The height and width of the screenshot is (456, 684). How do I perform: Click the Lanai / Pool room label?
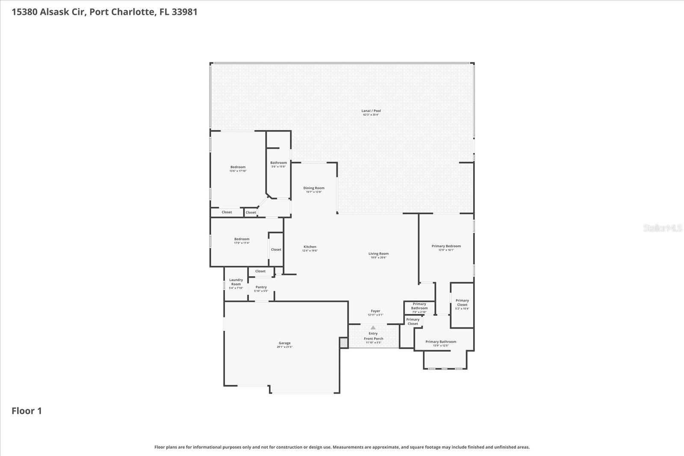pos(371,111)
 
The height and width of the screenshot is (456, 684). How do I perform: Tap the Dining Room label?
pos(314,188)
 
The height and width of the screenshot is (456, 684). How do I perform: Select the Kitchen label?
pos(310,247)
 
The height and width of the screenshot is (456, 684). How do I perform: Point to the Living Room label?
pos(378,253)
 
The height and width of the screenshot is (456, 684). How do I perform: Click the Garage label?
pos(284,343)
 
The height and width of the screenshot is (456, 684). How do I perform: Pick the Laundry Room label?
pos(236,282)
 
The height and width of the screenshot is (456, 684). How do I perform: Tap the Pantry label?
pos(261,287)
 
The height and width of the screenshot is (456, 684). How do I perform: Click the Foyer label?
pos(375,311)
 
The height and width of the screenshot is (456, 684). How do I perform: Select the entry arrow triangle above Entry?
pos(373,328)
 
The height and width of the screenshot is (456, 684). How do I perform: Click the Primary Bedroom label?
pos(446,246)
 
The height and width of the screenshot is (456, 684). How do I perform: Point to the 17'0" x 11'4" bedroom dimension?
pos(242,243)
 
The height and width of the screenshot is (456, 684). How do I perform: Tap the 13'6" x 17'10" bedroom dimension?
pos(238,171)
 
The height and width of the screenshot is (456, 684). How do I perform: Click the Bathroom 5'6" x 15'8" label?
pos(278,163)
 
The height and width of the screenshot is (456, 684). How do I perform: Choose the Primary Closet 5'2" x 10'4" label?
pos(462,303)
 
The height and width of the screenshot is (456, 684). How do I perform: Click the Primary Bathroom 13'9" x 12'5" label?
pos(441,342)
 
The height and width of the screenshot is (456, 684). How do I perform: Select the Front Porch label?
pos(373,338)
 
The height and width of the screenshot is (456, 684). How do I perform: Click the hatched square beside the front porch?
pos(344,342)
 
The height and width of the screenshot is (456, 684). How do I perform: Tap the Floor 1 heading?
pos(27,411)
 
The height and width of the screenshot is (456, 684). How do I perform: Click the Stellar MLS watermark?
pos(662,228)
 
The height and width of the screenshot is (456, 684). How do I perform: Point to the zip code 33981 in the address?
pos(184,12)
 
